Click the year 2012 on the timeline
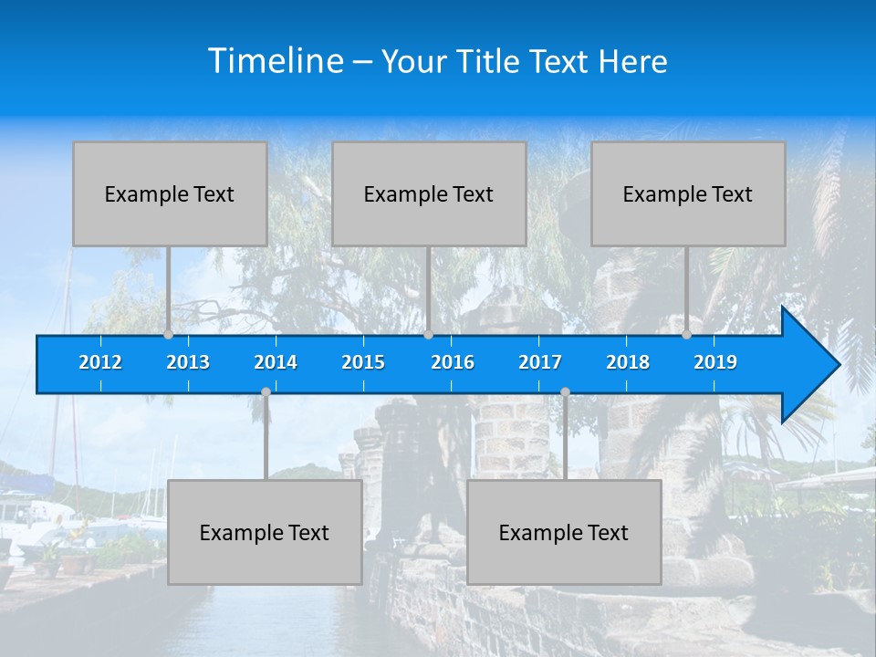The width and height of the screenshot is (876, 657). (x=100, y=362)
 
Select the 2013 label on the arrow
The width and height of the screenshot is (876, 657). (x=188, y=362)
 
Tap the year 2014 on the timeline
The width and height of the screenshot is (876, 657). (x=276, y=362)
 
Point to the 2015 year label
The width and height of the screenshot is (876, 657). (x=363, y=362)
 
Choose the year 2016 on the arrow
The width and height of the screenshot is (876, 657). (x=453, y=362)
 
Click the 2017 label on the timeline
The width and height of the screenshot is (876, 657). (x=540, y=362)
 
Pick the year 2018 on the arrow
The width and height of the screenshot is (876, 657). (x=628, y=362)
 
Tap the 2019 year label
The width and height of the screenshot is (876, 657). (x=715, y=362)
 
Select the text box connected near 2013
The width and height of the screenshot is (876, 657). (x=170, y=193)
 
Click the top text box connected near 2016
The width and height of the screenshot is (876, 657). (x=429, y=193)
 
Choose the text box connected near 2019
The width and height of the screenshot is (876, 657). (x=688, y=193)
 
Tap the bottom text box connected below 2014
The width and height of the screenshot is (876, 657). (x=265, y=532)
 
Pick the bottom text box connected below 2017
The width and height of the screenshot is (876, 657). (x=564, y=532)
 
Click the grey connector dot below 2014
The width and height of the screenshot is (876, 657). (x=266, y=391)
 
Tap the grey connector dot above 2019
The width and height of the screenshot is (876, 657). (x=687, y=334)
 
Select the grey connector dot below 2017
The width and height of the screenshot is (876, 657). (x=565, y=391)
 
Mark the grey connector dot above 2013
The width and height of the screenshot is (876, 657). (x=169, y=334)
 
